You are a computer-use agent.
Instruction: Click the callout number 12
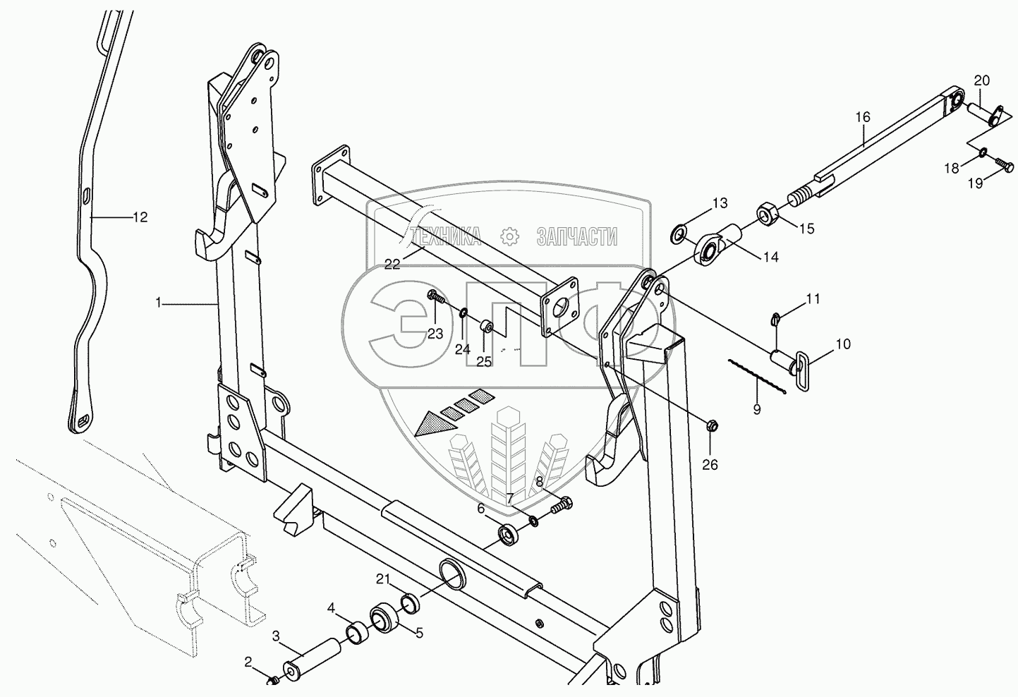coord(140,218)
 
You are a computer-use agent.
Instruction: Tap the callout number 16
coord(863,117)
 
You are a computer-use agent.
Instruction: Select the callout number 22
coord(392,264)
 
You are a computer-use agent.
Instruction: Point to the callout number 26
coord(710,465)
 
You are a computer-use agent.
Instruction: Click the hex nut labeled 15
coord(768,212)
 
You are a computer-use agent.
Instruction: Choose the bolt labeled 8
coord(562,505)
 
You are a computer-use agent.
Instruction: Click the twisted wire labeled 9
coord(757,377)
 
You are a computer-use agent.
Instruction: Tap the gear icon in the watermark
coord(509,237)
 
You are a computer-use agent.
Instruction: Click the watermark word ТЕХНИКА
coord(444,237)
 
